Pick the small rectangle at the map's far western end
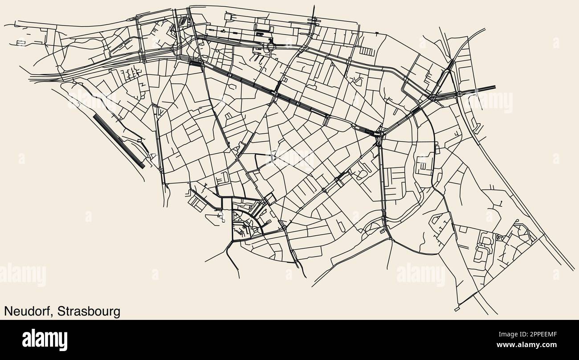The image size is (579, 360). click(x=20, y=43)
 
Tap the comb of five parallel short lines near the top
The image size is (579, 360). click(x=366, y=52)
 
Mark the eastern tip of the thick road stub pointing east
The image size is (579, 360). click(x=495, y=87)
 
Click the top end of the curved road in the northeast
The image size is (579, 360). click(x=485, y=29)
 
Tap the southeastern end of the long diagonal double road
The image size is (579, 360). click(x=573, y=270)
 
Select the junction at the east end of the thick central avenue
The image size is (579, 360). click(x=379, y=132)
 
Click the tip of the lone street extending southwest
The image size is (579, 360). click(x=205, y=262)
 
